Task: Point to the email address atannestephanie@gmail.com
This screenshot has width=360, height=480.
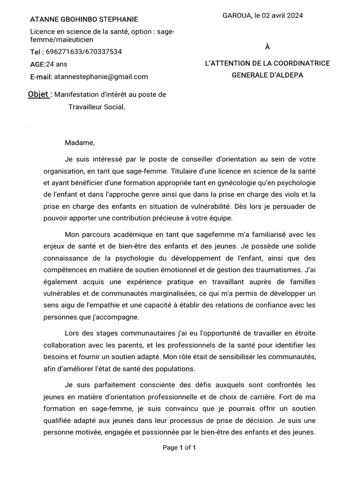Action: (101, 77)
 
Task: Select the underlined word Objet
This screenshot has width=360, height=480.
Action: (38, 94)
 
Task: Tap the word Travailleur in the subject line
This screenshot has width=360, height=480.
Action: (85, 107)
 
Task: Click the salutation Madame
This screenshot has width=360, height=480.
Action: (80, 142)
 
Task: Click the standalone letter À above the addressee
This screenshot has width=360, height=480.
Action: (267, 46)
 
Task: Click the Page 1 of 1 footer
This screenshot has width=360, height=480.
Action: (180, 448)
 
